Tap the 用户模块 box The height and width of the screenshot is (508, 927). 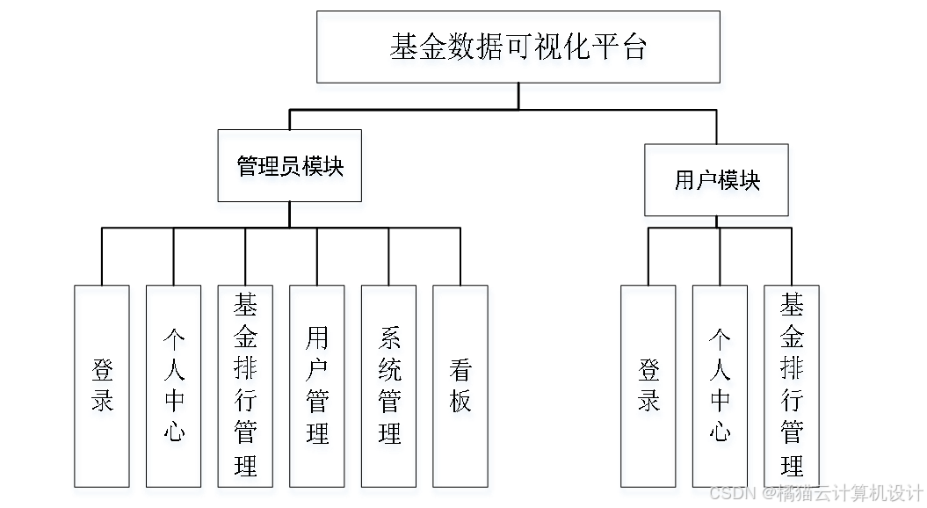click(717, 182)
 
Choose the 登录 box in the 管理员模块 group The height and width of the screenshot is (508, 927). click(104, 388)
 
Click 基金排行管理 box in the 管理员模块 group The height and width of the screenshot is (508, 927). click(247, 388)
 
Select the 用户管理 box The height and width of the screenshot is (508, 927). click(318, 388)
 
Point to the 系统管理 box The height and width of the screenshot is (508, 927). click(389, 388)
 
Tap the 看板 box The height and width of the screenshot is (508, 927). click(461, 388)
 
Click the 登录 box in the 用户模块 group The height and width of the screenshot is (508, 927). click(649, 388)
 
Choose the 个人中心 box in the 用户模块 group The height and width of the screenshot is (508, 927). click(721, 388)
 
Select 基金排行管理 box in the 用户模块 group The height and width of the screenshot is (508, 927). click(793, 388)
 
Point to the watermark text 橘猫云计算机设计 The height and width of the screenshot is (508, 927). click(848, 492)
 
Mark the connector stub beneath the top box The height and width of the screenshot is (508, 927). click(519, 88)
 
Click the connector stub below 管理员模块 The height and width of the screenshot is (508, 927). click(290, 207)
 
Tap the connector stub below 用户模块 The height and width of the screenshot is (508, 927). click(717, 221)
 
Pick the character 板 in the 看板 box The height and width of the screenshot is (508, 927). click(461, 403)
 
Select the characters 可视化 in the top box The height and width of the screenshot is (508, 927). click(554, 49)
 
